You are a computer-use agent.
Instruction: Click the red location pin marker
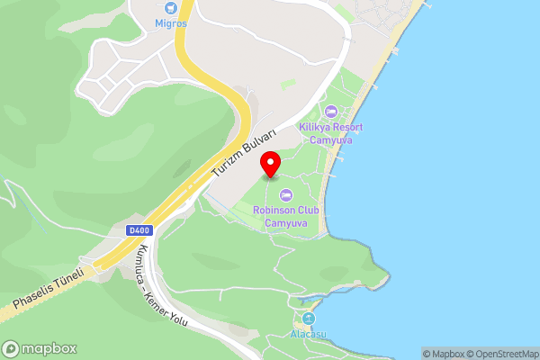point(270,164)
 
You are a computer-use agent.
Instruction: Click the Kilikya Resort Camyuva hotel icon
point(330,111)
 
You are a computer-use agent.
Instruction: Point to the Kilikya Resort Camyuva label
point(330,133)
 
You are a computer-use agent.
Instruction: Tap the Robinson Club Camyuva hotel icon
point(286,194)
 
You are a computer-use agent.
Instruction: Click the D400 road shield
point(139,231)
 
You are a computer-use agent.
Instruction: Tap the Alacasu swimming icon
point(309,319)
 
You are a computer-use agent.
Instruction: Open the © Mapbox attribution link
point(444,354)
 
